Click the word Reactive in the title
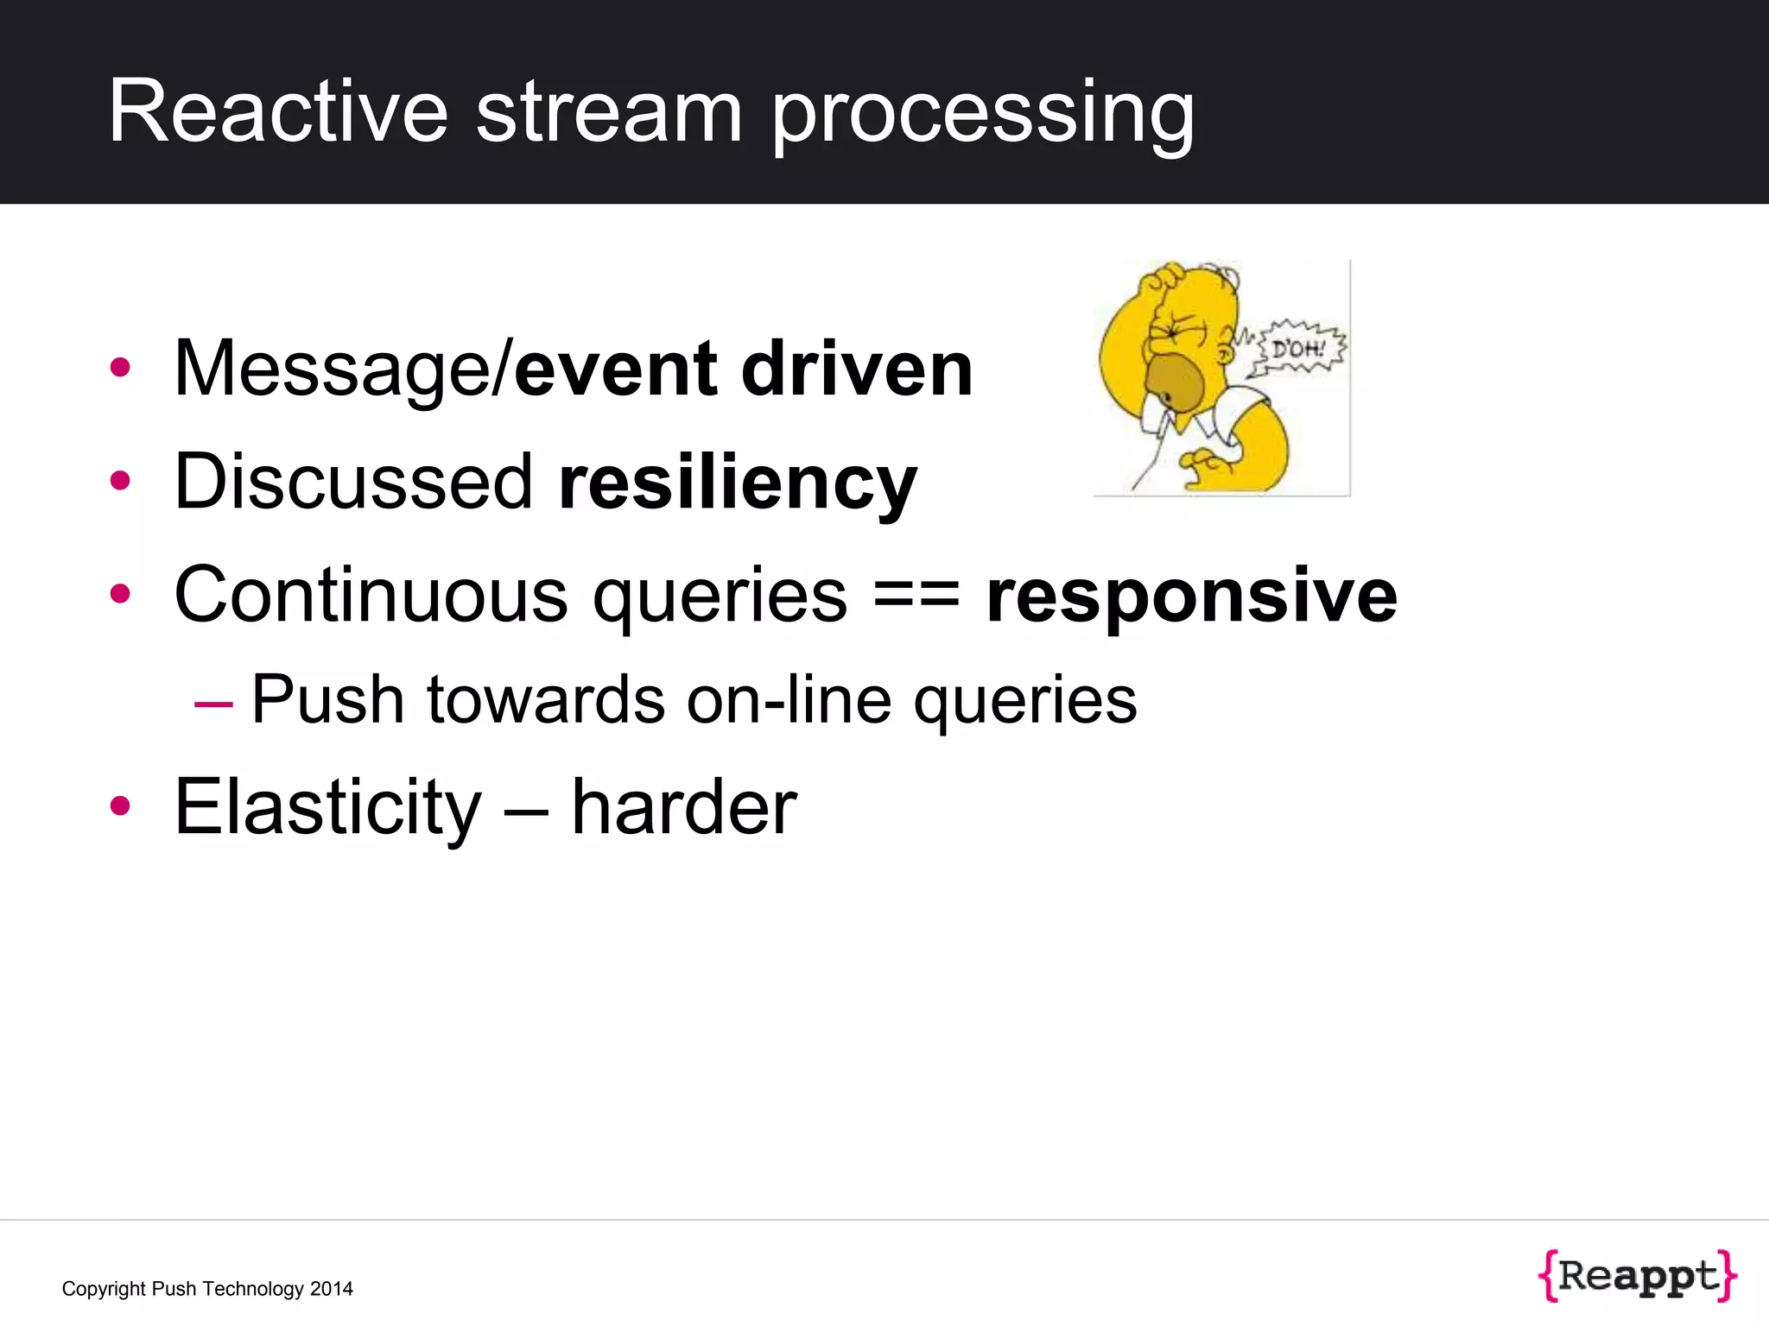278,112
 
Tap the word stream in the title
609,112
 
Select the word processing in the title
982,117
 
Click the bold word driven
857,369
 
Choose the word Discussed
353,482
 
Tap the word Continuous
371,595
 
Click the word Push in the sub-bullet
327,699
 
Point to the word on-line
789,699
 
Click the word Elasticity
327,808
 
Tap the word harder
684,808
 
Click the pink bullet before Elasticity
120,806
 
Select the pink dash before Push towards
213,704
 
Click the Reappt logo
1637,1275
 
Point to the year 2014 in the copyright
332,1289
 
